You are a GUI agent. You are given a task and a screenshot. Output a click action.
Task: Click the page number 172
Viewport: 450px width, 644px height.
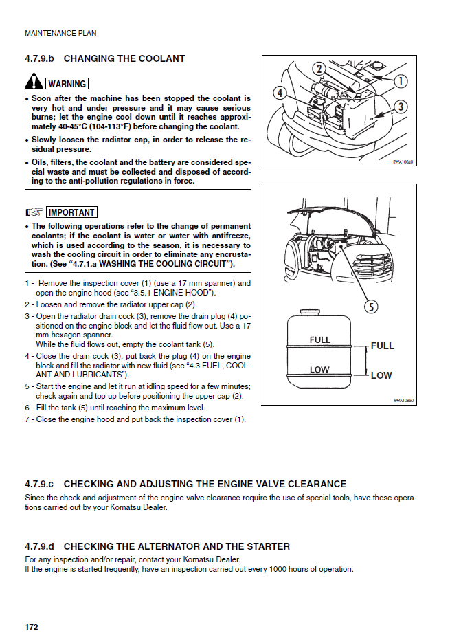(x=31, y=628)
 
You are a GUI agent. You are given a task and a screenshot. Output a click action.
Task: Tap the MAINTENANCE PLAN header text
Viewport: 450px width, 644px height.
(x=60, y=33)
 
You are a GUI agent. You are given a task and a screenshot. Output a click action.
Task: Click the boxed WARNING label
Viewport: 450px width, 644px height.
(x=67, y=84)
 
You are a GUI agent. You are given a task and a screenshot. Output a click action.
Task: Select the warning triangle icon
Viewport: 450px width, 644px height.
(x=34, y=83)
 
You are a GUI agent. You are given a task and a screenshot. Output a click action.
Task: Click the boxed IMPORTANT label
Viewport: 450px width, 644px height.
(x=72, y=212)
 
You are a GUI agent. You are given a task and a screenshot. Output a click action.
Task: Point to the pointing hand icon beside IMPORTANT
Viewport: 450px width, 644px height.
(x=34, y=212)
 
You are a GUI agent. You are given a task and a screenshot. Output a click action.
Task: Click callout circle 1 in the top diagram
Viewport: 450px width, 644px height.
(x=400, y=82)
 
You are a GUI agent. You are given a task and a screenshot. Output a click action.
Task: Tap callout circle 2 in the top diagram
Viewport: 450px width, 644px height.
(x=319, y=69)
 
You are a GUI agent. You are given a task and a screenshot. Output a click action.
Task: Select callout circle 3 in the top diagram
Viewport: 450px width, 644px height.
(x=401, y=107)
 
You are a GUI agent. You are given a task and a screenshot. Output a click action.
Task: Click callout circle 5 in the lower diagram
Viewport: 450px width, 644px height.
(x=371, y=307)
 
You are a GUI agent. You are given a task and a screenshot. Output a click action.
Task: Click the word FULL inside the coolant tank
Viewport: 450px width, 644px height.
(x=320, y=340)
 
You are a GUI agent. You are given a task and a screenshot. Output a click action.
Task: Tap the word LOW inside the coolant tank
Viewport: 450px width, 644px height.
(x=319, y=370)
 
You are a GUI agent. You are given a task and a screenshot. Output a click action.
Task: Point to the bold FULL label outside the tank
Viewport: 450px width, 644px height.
(x=383, y=346)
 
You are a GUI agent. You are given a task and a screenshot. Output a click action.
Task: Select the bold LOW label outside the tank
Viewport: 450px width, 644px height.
(x=381, y=375)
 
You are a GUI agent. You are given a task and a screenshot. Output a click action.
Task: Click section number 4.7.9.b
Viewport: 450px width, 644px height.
(x=39, y=59)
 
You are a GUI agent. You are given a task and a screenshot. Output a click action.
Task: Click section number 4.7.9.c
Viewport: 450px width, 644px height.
(x=38, y=485)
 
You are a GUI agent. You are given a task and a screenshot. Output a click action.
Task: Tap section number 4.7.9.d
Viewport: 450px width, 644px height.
(x=39, y=546)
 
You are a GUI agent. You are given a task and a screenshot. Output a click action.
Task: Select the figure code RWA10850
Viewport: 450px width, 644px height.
(x=403, y=400)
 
